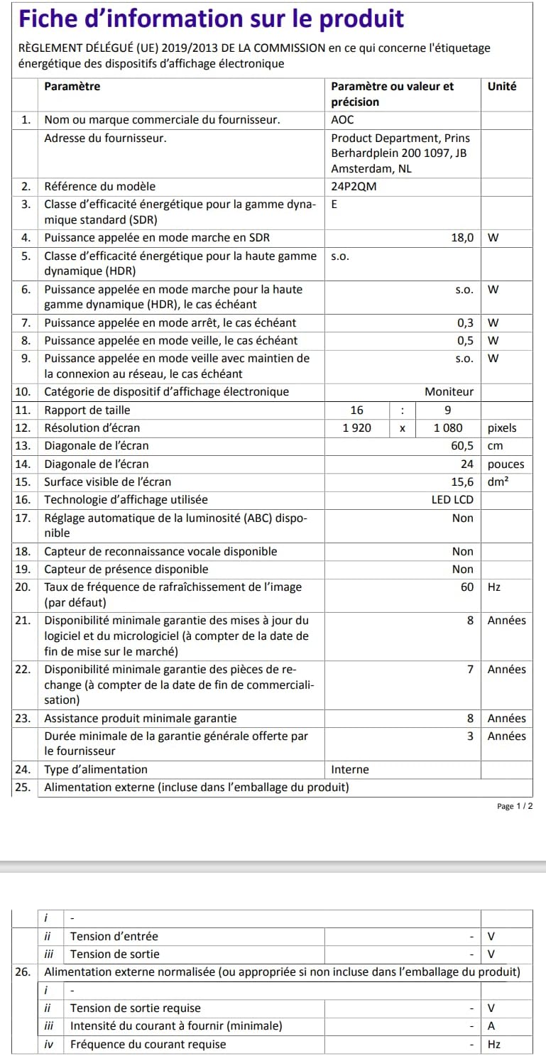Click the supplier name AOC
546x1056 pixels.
click(x=342, y=120)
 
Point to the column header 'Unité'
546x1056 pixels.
click(x=502, y=87)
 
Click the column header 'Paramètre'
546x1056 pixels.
click(x=72, y=87)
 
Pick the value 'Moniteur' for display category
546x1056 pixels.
click(x=449, y=391)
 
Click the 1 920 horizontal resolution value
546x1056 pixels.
click(x=356, y=428)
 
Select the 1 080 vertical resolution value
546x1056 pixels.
click(x=448, y=428)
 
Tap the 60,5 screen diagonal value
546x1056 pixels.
click(x=461, y=445)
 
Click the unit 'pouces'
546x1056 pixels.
click(x=506, y=464)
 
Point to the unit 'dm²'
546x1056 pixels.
click(x=500, y=481)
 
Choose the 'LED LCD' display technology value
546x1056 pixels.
click(x=452, y=499)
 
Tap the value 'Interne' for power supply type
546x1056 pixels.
click(x=350, y=769)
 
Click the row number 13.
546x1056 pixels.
click(x=23, y=445)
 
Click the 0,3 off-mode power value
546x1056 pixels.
click(x=465, y=322)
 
